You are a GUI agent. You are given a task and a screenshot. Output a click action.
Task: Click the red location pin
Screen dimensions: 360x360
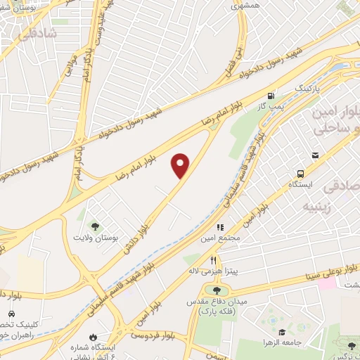pos(181,165)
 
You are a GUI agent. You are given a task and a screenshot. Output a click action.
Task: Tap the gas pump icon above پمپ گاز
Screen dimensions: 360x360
pos(271,96)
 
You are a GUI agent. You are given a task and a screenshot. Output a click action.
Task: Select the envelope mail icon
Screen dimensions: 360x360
pos(316,156)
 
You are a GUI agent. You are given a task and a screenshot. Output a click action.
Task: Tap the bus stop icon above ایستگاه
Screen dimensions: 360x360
pos(301,172)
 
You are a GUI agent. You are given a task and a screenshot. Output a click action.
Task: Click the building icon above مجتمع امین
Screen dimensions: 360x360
pos(219,228)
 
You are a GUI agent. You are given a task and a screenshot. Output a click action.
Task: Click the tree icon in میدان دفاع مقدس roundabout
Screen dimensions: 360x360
pos(216,289)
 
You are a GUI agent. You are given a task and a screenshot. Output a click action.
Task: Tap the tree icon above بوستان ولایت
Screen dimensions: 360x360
pos(95,226)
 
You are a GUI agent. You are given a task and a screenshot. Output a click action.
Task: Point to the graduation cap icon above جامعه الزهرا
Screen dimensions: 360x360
pos(281,332)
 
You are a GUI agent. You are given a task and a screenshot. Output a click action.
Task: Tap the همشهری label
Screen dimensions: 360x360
pos(245,4)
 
